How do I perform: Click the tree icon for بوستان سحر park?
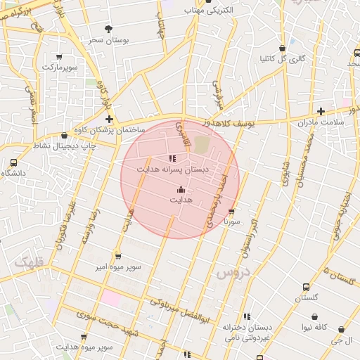click(x=108, y=28)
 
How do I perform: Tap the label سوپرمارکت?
click(x=59, y=67)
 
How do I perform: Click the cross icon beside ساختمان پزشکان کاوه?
click(x=109, y=119)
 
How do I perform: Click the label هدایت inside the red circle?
click(x=181, y=200)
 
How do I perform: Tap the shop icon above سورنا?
click(x=231, y=210)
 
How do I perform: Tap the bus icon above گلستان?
click(x=306, y=287)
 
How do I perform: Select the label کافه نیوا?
click(x=316, y=328)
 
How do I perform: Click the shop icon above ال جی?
click(x=342, y=329)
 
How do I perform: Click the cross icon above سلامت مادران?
click(x=321, y=111)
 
